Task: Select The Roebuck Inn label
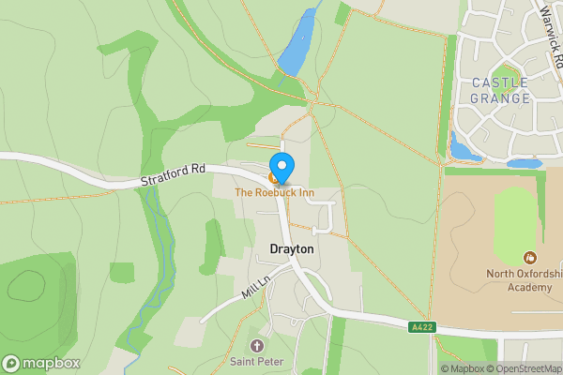click(x=273, y=193)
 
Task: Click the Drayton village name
click(x=292, y=249)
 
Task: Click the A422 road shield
click(x=423, y=327)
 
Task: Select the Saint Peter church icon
click(x=255, y=346)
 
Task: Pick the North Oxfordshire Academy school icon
click(x=530, y=257)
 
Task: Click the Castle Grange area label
click(x=500, y=90)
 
